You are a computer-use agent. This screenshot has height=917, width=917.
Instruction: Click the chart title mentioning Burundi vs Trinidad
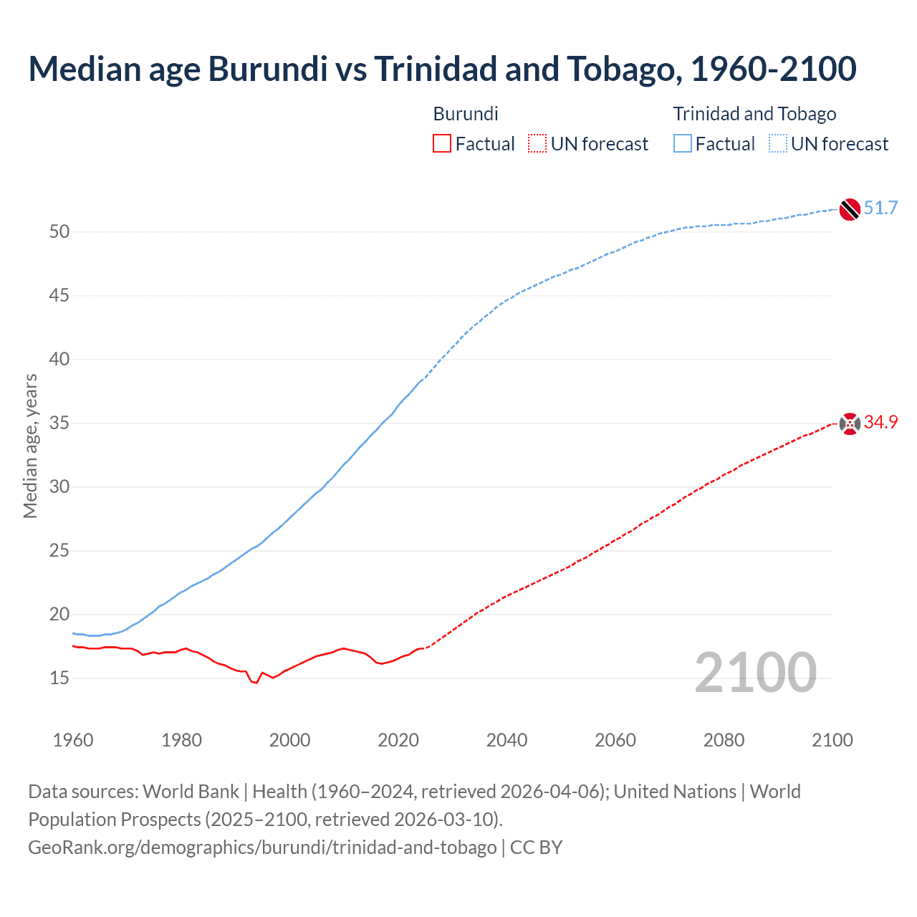click(442, 69)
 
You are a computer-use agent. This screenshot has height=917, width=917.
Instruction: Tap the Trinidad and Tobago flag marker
click(849, 208)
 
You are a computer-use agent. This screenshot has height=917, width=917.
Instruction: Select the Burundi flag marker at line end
click(849, 423)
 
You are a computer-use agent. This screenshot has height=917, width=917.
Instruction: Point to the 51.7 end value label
click(880, 208)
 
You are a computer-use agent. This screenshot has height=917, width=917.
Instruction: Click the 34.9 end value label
click(880, 423)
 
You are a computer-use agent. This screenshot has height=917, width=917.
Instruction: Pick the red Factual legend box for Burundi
click(442, 144)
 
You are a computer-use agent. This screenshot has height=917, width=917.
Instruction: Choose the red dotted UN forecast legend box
click(537, 144)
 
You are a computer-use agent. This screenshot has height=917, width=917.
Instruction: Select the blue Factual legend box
click(682, 144)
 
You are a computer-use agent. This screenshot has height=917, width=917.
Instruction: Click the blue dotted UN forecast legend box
click(777, 144)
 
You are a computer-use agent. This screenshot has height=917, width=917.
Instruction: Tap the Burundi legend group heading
click(466, 114)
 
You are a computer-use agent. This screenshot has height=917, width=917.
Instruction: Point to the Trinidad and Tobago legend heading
click(754, 114)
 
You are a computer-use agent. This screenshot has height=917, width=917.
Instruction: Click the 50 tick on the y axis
click(59, 231)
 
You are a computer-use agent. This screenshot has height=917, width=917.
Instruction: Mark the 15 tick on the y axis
click(59, 678)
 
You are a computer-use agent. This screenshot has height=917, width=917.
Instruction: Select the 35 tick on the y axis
click(59, 423)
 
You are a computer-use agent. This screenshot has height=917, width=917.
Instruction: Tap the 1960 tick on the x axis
click(73, 740)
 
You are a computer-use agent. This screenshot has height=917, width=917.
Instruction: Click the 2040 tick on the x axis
click(506, 740)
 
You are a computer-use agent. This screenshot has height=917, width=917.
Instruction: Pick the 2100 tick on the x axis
click(832, 740)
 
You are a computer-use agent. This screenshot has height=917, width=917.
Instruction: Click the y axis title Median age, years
click(30, 446)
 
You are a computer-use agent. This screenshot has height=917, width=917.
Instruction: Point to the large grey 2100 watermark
click(755, 672)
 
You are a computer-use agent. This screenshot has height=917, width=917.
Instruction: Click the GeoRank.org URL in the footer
click(262, 848)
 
